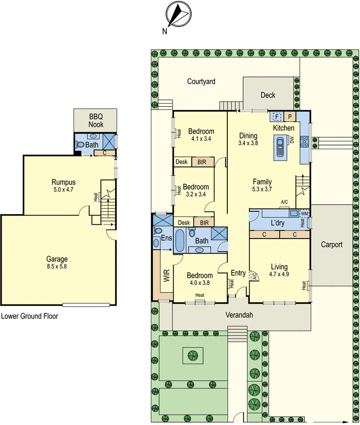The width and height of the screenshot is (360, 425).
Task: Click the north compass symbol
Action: tap(177, 14)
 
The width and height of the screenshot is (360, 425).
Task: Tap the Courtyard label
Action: tap(201, 82)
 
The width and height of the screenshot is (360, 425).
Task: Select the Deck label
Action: tap(268, 95)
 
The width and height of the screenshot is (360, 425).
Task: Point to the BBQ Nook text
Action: tap(96, 121)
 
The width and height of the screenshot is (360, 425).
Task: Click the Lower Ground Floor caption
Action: tap(29, 316)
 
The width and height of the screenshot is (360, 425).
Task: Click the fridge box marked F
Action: tap(277, 116)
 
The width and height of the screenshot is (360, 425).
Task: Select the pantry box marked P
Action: tap(290, 117)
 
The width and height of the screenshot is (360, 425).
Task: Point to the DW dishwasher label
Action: tap(292, 140)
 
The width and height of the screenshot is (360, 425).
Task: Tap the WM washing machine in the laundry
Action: tap(304, 214)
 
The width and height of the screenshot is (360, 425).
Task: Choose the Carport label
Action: tap(331, 245)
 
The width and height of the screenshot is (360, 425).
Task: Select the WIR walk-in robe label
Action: tap(166, 275)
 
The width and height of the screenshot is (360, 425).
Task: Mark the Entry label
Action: tap(238, 273)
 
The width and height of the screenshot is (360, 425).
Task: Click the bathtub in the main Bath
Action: tap(180, 240)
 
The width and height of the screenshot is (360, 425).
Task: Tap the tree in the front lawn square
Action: tap(192, 354)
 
